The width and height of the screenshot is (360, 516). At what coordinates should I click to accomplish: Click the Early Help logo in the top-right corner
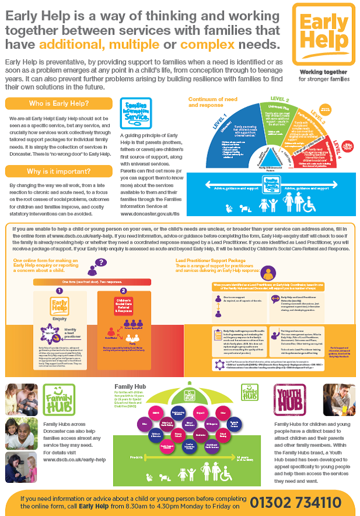(x=323, y=33)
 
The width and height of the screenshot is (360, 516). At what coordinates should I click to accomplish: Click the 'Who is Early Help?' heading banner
(x=59, y=104)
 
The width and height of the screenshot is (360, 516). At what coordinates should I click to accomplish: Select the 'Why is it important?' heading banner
(x=59, y=171)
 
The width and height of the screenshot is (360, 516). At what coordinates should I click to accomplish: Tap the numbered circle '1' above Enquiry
(x=59, y=291)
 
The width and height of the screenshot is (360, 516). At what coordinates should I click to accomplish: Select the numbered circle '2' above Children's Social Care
(x=123, y=291)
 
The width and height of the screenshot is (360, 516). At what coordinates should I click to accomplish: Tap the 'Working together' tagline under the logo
(x=323, y=70)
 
